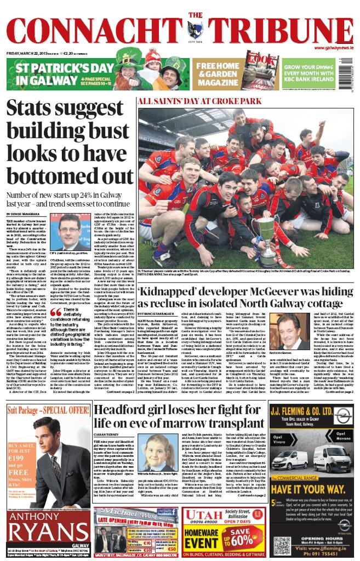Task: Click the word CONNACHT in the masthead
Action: pyautogui.click(x=94, y=29)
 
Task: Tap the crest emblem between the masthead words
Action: pyautogui.click(x=193, y=28)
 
